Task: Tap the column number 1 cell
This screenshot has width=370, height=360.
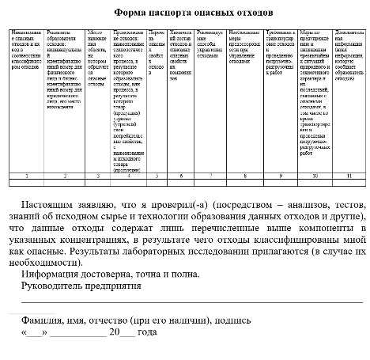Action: (x=26, y=175)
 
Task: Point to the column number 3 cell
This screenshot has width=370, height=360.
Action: (x=97, y=175)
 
